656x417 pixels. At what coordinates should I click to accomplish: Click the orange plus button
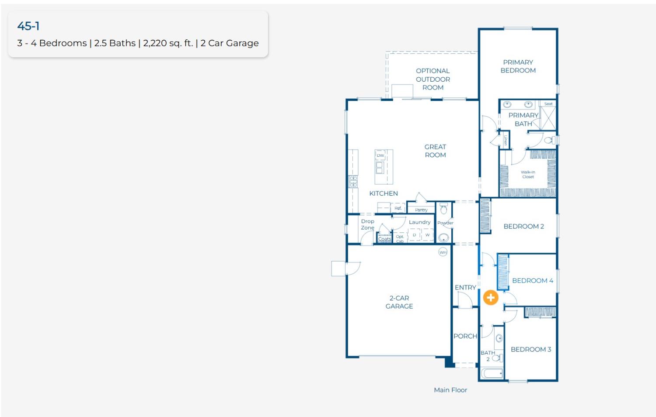tap(491, 298)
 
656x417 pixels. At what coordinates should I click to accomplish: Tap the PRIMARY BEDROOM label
tap(518, 66)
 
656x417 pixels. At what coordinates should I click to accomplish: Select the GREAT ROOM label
tap(435, 151)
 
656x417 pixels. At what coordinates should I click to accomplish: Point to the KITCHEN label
tap(384, 193)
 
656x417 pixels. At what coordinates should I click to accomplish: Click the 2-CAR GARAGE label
tap(399, 302)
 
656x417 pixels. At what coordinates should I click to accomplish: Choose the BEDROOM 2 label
tap(523, 226)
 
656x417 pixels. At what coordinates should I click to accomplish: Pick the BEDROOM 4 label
tap(532, 281)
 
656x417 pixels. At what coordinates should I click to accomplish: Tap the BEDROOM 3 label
tap(530, 349)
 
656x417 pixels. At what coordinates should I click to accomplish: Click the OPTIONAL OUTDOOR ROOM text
tap(433, 79)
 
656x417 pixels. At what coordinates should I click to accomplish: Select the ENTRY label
tap(465, 288)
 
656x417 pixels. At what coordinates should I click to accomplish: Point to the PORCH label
tap(465, 336)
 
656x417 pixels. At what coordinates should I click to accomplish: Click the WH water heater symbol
tap(443, 252)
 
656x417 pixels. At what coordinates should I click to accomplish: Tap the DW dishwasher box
tap(380, 155)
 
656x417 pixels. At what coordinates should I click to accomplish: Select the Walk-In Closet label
tap(528, 174)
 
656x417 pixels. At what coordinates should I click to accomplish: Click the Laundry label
tap(419, 222)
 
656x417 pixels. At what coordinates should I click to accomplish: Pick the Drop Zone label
tap(367, 224)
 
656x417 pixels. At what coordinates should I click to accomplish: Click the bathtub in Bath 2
tap(492, 373)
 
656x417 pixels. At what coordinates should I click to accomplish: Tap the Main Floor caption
tap(450, 390)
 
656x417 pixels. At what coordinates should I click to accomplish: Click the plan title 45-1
tap(28, 26)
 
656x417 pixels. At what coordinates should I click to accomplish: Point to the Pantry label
tap(421, 210)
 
